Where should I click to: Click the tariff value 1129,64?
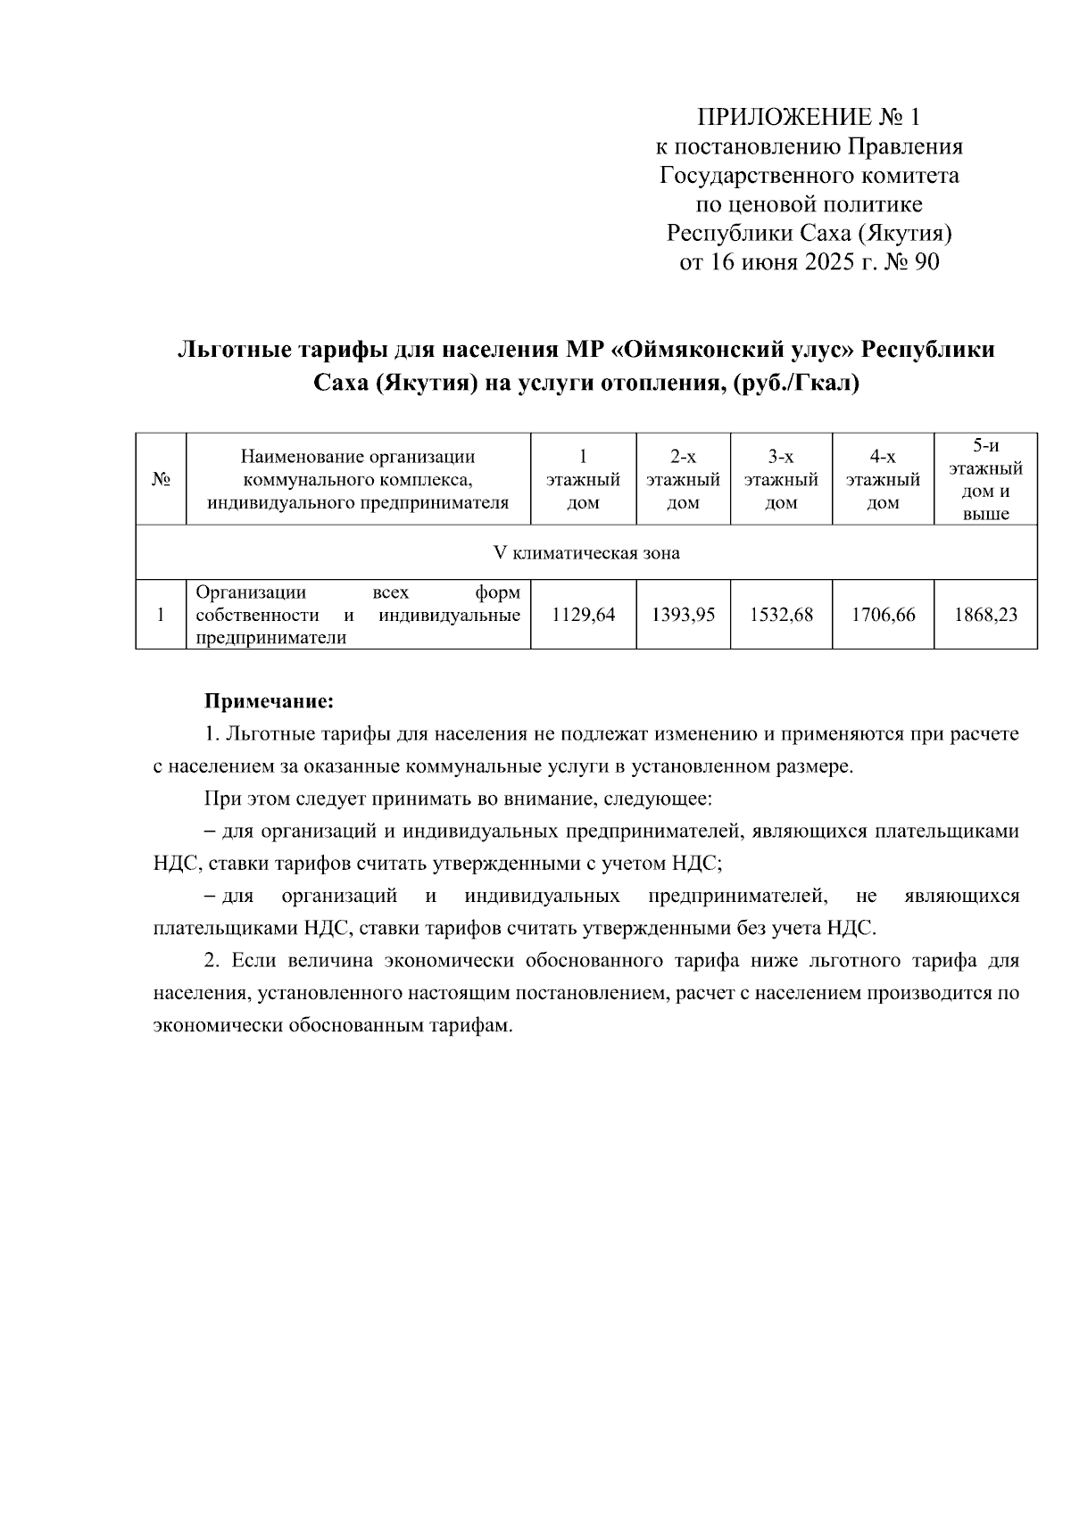(584, 615)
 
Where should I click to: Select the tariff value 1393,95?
(684, 615)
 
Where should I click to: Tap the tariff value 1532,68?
(782, 615)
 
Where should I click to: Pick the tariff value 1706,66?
(884, 615)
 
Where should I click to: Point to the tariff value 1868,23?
(985, 615)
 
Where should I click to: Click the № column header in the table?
(161, 480)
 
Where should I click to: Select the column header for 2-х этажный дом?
(684, 480)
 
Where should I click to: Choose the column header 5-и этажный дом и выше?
(985, 480)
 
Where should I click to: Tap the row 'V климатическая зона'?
(586, 553)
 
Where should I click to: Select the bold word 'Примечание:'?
(270, 701)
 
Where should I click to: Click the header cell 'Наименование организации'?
(358, 458)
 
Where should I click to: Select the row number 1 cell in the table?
(161, 615)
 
